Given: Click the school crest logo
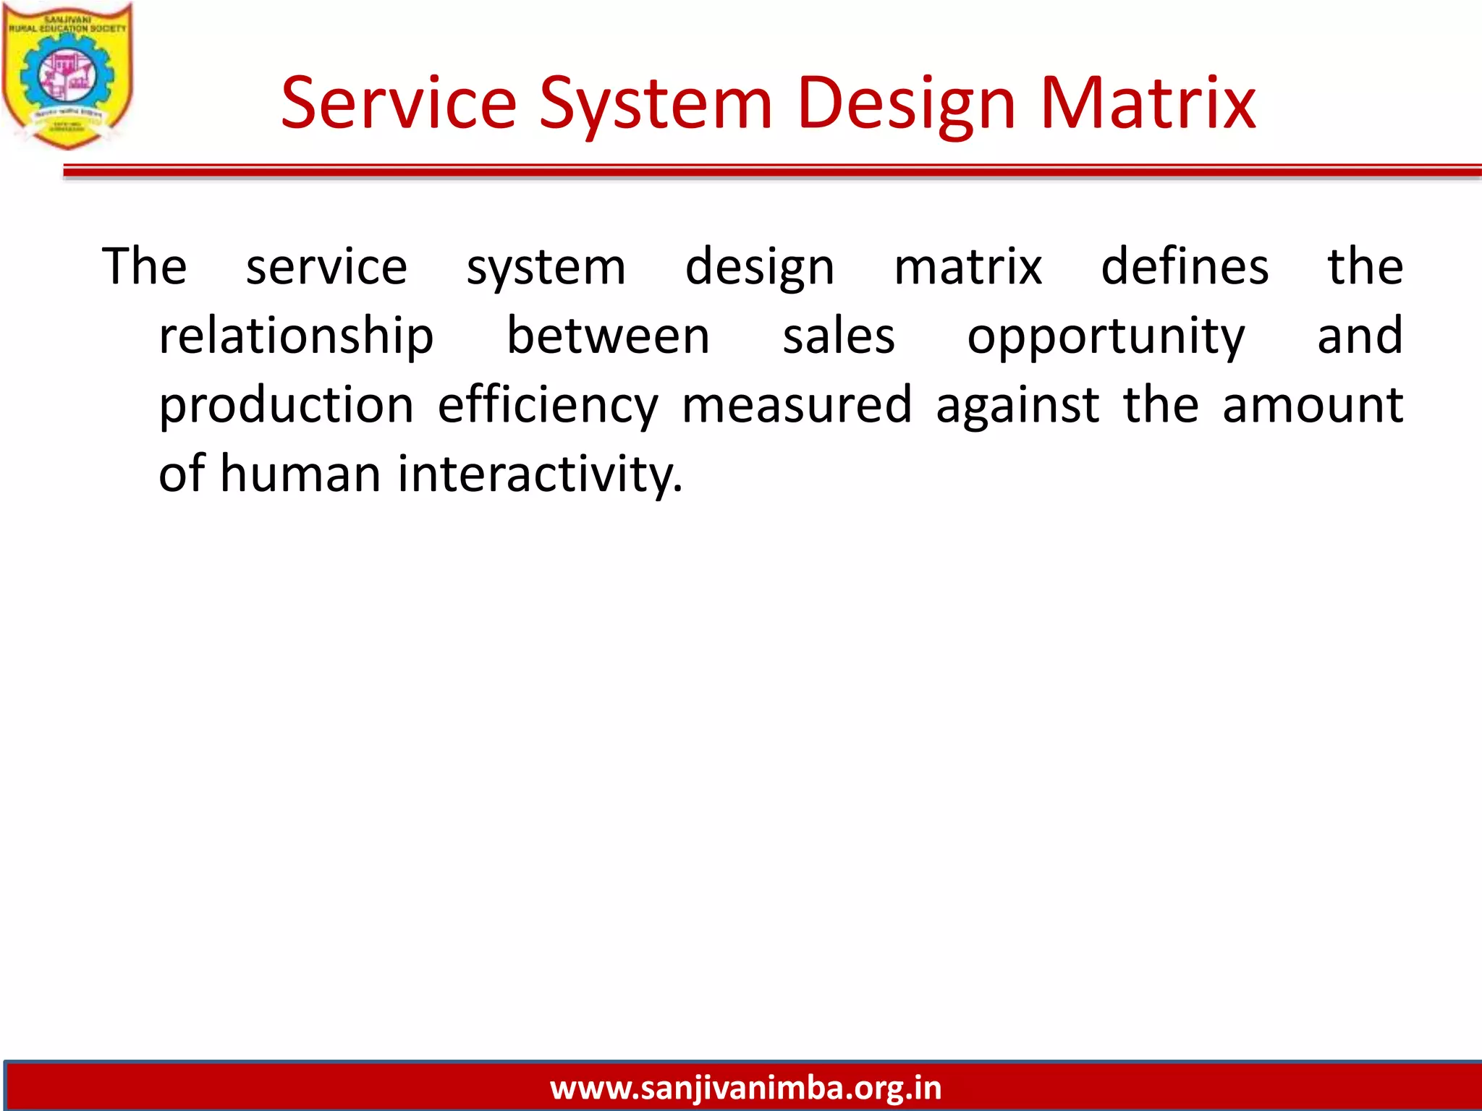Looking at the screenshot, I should pos(67,76).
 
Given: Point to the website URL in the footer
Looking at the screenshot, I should pos(745,1088).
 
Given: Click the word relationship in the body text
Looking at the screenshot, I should pos(296,336).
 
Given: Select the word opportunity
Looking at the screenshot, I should pos(1106,336).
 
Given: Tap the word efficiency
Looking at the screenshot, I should pos(548,404).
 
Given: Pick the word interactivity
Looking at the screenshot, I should pos(540,473).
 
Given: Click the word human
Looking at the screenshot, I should pos(300,473).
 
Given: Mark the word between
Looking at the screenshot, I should pos(608,336).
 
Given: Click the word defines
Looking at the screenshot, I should pos(1184,266).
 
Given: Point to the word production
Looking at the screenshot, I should pos(287,404).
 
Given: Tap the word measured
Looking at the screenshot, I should pos(797,404).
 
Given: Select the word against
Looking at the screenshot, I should pos(1017,404).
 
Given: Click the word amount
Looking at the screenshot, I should pos(1312,404).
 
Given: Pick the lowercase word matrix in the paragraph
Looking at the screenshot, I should pos(967,266).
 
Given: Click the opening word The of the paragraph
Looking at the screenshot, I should pos(144,266).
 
